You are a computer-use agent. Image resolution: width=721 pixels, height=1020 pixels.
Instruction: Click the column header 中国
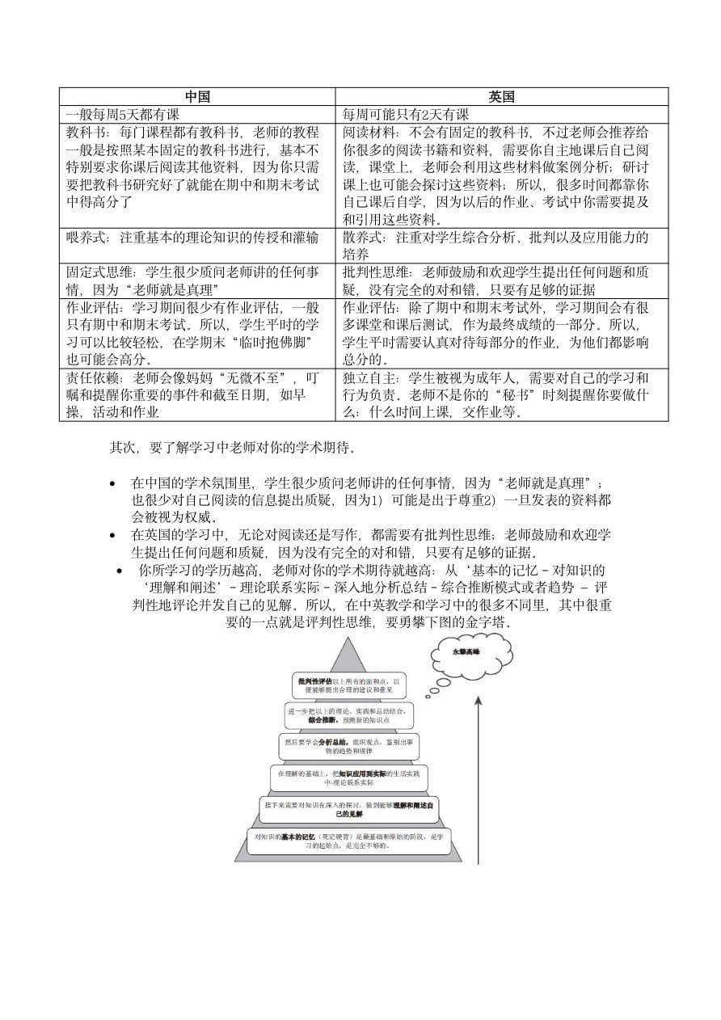[197, 96]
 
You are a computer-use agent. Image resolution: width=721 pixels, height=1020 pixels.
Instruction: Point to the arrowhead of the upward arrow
[478, 700]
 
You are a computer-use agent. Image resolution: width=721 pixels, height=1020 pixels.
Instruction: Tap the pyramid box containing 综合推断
[348, 715]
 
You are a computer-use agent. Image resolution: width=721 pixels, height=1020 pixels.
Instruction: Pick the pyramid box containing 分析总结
[348, 746]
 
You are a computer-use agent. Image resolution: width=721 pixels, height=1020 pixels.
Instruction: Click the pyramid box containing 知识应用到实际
[348, 778]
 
